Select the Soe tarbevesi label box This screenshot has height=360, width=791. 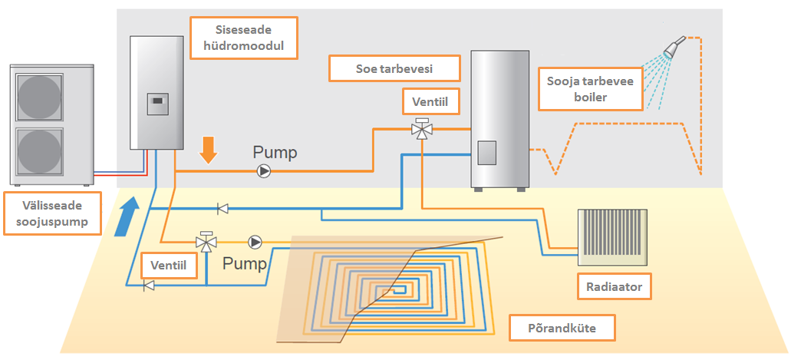tap(394, 68)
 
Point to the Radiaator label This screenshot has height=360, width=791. tap(614, 288)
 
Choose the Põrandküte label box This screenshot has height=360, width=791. tap(562, 329)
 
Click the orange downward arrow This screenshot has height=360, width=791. tap(206, 150)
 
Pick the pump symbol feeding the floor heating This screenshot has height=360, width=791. tap(255, 243)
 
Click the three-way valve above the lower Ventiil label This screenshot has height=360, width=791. tap(206, 242)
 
